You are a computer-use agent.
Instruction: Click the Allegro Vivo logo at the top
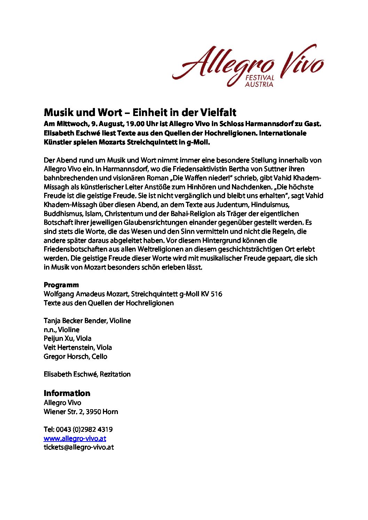pos(248,65)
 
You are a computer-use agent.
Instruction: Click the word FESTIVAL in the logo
pos(259,77)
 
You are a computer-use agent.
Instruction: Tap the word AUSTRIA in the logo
pos(259,84)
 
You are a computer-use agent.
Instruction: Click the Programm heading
pos(61,285)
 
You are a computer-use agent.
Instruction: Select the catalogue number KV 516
pos(211,294)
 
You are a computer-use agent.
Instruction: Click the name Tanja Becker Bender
pos(75,321)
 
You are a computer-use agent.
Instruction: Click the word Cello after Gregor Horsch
pos(99,356)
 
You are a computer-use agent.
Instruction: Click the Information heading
pos(67,393)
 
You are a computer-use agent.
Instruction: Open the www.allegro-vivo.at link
pos(75,438)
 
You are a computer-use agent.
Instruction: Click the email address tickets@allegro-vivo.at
pos(79,447)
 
